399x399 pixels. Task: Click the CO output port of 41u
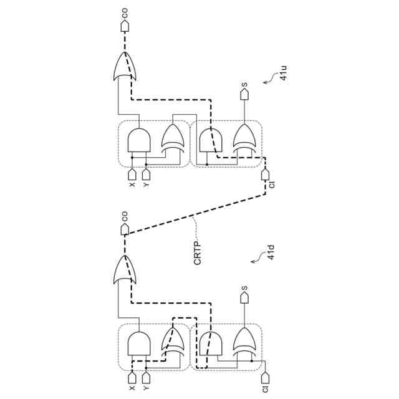[124, 27]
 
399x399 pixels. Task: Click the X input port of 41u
[132, 174]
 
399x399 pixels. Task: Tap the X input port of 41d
[132, 378]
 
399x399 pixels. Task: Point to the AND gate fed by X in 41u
[139, 140]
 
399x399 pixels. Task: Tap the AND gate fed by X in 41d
[139, 344]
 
